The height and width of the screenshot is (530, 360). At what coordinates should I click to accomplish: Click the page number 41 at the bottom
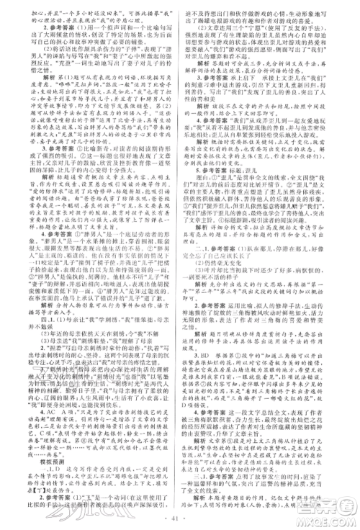pos(179,517)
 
